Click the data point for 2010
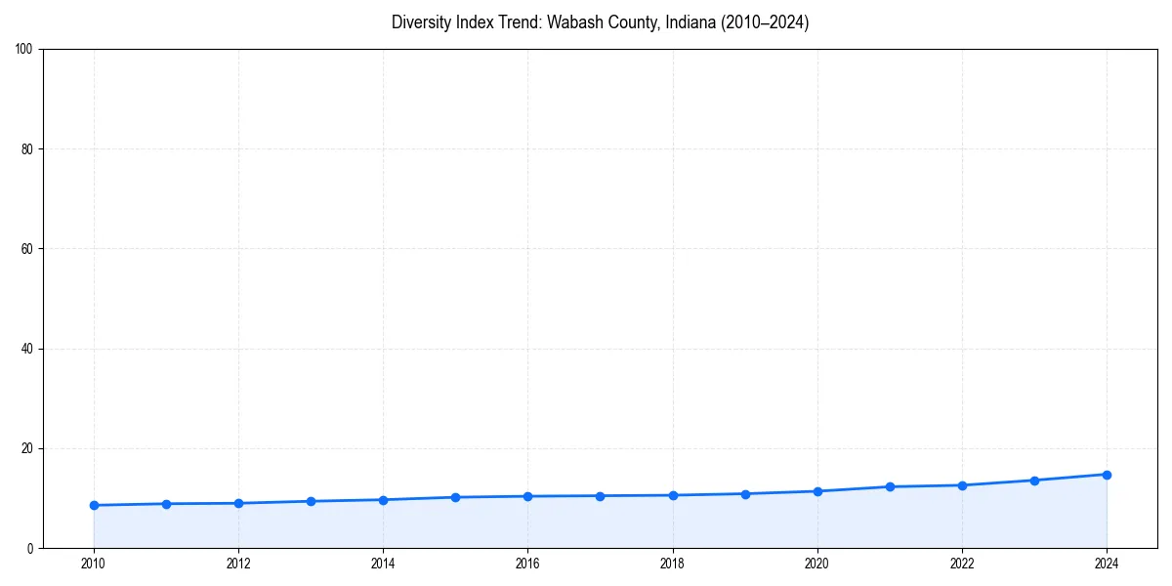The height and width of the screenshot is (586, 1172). tap(94, 505)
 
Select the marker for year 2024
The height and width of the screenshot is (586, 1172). tap(1107, 475)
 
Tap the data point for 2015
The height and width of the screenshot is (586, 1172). tap(455, 497)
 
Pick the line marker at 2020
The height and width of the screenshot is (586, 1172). tap(817, 491)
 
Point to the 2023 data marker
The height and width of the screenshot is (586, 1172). tap(1034, 481)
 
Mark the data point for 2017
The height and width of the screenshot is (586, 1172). tap(600, 496)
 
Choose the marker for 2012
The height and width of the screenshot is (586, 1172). tap(238, 503)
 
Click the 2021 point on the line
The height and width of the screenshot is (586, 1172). tap(890, 486)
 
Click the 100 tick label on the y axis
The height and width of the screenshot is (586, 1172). tap(25, 50)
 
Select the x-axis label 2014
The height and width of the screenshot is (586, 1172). tap(383, 564)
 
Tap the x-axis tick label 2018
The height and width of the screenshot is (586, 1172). tap(672, 564)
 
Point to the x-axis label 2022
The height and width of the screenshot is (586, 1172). tap(962, 564)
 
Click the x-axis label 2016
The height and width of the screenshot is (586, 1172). tap(527, 564)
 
